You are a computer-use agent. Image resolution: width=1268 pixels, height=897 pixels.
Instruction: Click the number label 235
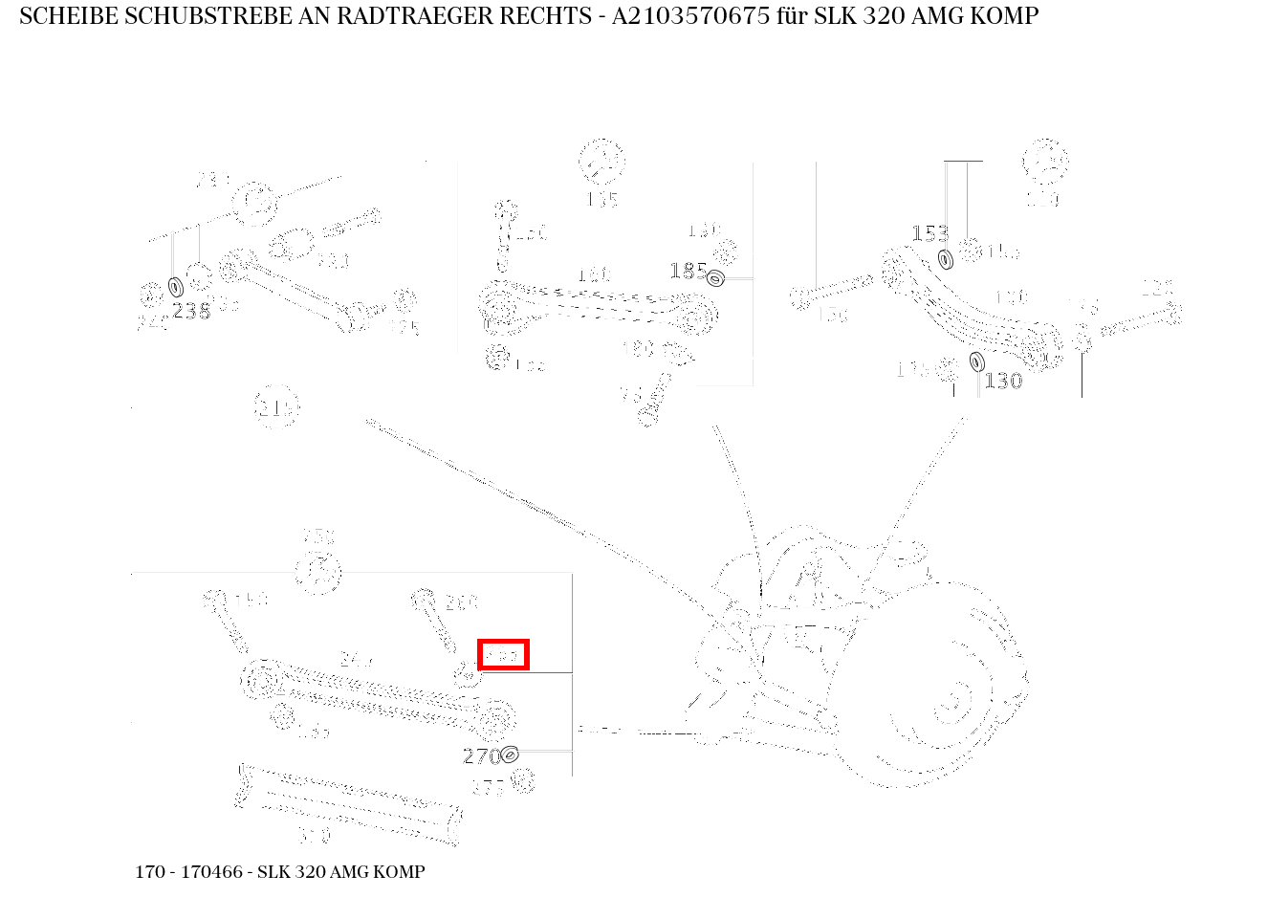tap(191, 311)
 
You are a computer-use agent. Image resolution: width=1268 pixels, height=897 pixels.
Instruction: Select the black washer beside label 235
tap(176, 287)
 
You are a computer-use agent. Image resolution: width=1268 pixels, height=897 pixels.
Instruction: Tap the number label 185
tap(688, 272)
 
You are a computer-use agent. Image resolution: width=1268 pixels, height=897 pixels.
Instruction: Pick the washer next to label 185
tap(714, 277)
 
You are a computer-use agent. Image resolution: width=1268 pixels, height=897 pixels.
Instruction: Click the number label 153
tap(929, 233)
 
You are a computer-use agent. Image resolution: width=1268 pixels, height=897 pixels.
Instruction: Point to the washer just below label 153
tap(946, 259)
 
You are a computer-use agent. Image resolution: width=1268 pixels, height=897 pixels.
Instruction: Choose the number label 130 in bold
tap(1003, 381)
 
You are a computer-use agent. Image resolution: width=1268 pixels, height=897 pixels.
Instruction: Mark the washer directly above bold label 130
tap(976, 361)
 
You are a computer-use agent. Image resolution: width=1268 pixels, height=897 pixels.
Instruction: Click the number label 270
tap(480, 756)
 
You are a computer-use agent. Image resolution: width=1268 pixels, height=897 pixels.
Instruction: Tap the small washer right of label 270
tap(510, 755)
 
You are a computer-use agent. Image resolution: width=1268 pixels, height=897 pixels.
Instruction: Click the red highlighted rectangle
tap(503, 655)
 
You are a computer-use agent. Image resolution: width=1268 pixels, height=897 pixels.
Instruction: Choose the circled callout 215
tap(276, 408)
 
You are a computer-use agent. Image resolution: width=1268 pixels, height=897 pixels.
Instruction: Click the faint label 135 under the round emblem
tap(601, 200)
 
